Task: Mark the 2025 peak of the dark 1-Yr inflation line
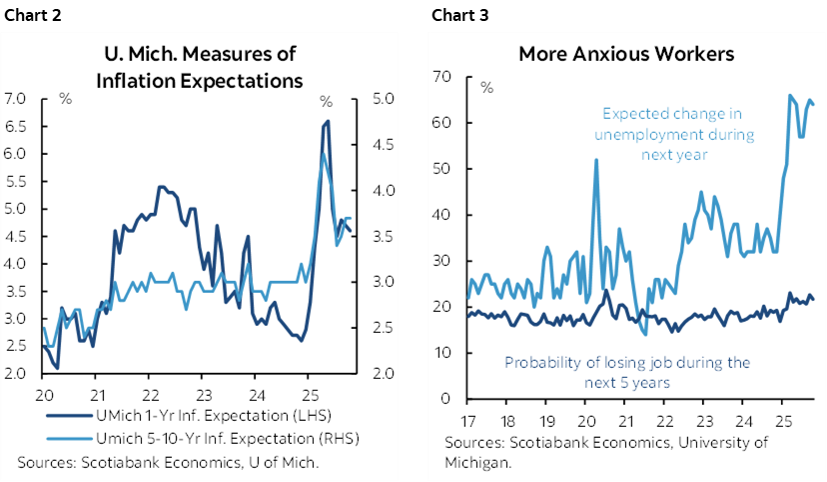327,122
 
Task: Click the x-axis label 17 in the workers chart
465,419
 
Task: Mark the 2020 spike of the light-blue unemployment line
596,160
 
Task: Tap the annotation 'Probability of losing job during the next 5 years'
627,372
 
